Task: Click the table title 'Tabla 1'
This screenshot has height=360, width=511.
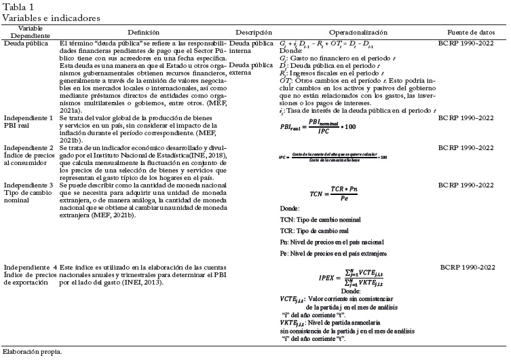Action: pos(18,6)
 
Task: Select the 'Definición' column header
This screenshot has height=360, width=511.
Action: pos(143,32)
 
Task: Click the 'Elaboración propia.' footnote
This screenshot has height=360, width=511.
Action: pos(32,352)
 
